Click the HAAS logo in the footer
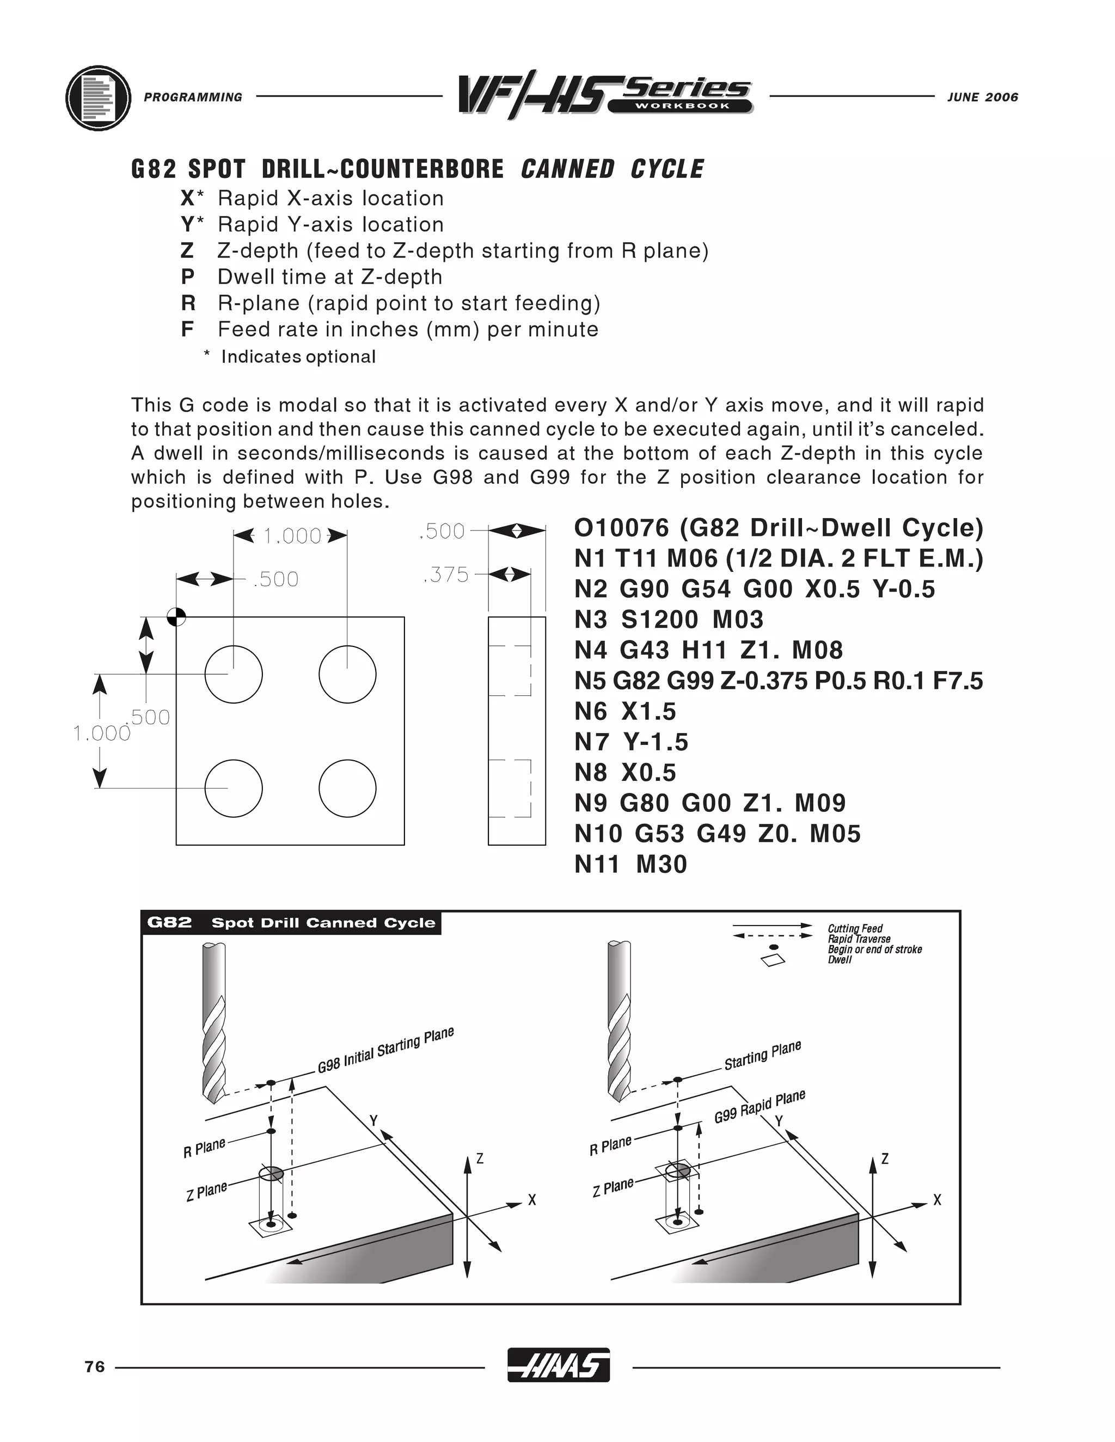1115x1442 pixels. point(558,1365)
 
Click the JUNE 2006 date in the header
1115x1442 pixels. point(982,97)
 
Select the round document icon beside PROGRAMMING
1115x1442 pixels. point(99,98)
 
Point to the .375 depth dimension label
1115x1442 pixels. point(446,575)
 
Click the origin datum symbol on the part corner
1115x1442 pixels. point(176,617)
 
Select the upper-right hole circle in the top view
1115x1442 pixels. point(347,674)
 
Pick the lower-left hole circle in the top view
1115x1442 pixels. point(233,788)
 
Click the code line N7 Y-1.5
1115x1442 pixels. point(631,742)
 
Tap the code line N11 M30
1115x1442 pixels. point(631,864)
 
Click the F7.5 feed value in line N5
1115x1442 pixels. point(958,681)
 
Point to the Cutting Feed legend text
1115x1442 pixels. point(855,928)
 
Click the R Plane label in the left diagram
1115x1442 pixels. point(204,1148)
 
